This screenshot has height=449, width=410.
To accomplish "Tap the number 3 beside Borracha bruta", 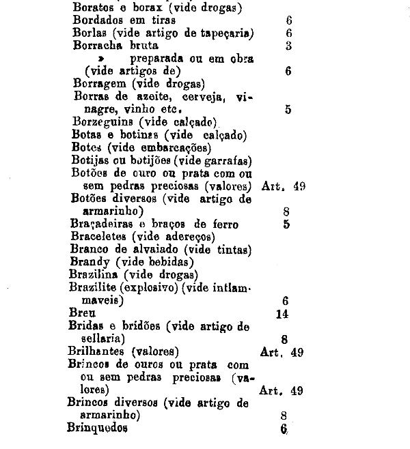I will pos(289,46).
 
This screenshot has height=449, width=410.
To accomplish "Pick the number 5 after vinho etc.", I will pos(288,109).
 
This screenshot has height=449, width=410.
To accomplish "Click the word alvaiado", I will pos(153,249).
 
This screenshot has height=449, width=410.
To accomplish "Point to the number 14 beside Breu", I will pos(282,313).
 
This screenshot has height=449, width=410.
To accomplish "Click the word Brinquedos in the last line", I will pos(97,429).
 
